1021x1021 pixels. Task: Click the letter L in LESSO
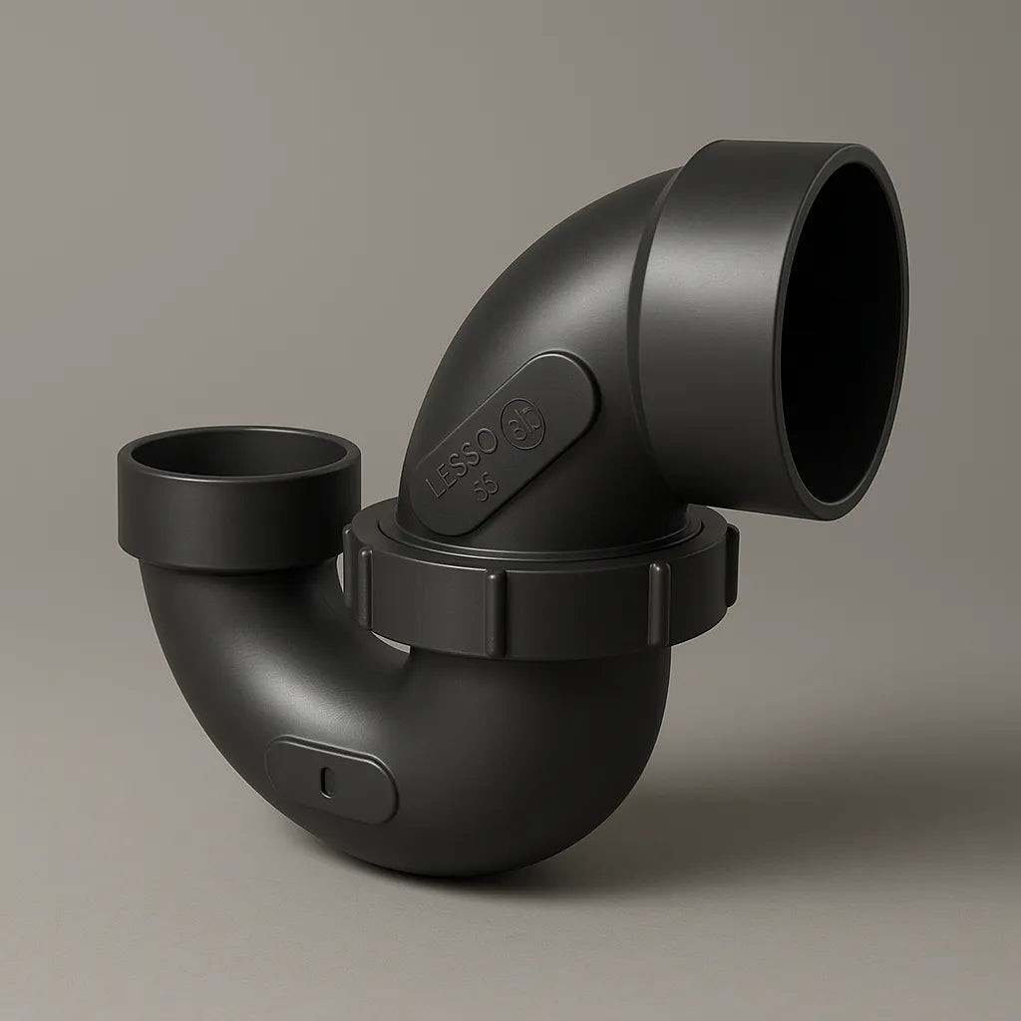click(x=436, y=490)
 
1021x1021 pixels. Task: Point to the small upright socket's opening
click(x=239, y=454)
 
